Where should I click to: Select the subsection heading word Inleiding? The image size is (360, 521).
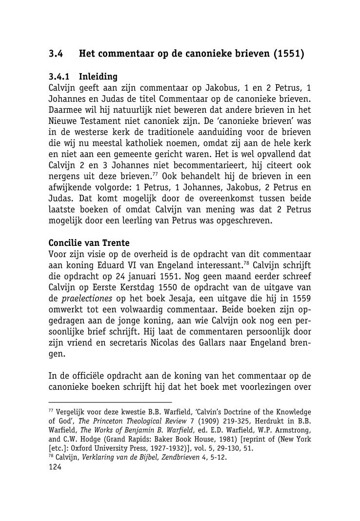tap(98, 77)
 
